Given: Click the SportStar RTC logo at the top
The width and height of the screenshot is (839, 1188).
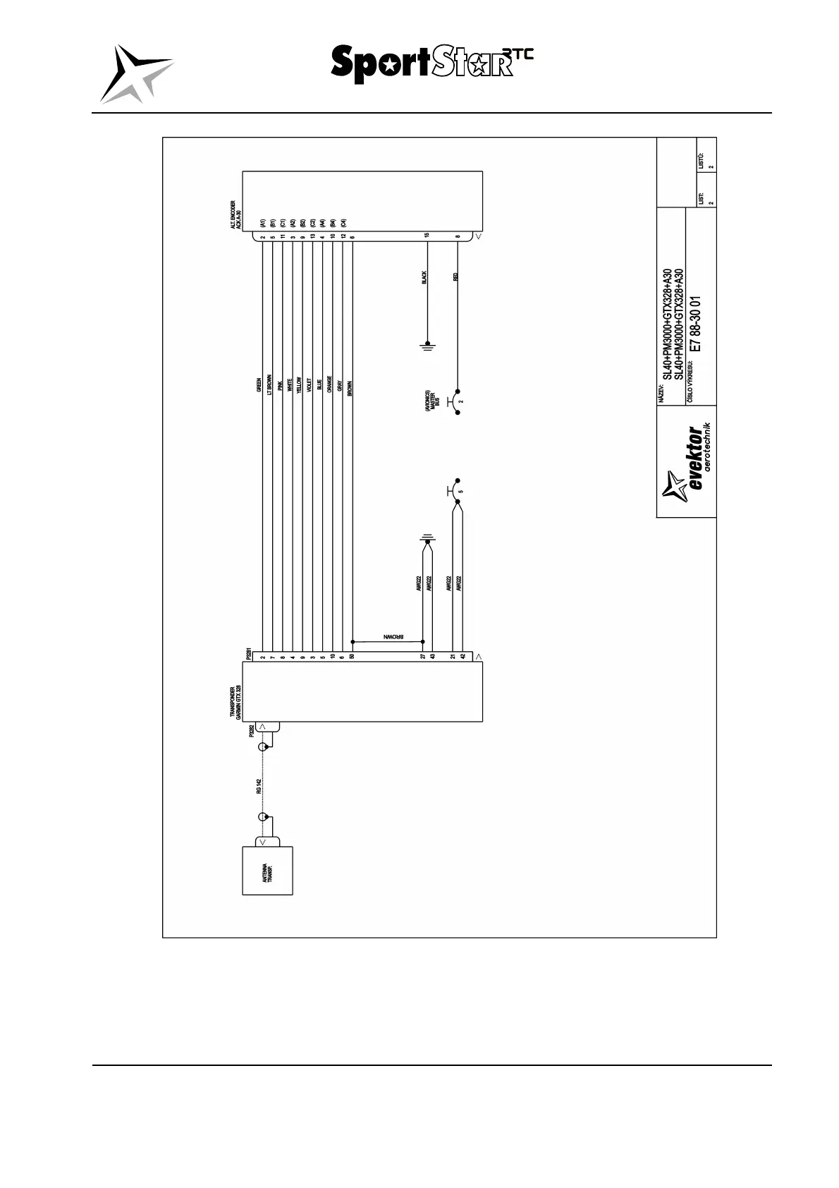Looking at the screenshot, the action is click(431, 64).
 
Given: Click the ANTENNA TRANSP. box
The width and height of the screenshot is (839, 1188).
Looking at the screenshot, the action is click(267, 870).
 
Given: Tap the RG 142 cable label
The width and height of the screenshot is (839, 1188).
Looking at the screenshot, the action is click(259, 786).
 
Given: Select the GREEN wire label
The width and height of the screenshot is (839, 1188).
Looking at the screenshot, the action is click(259, 384).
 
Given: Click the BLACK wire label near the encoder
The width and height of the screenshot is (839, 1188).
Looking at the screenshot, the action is click(424, 278).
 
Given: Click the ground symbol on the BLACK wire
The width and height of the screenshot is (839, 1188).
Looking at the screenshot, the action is click(427, 346).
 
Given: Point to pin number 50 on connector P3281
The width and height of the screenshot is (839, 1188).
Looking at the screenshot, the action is click(352, 656).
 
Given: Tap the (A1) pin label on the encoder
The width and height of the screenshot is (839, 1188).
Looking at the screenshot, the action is click(262, 222).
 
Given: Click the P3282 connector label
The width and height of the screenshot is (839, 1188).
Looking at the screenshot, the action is click(252, 730).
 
